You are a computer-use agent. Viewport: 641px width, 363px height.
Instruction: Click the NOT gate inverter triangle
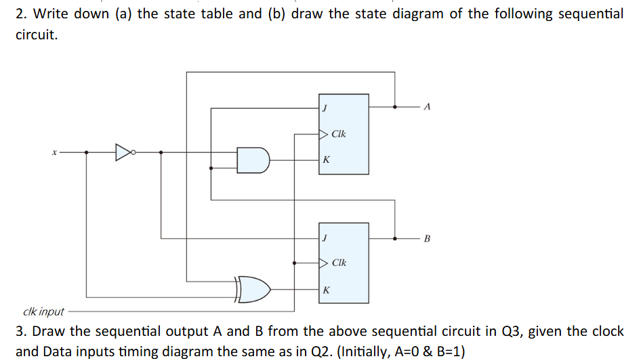pyautogui.click(x=123, y=152)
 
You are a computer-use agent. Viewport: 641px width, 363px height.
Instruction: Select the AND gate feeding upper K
pyautogui.click(x=253, y=159)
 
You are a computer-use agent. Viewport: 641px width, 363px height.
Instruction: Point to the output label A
pyautogui.click(x=426, y=107)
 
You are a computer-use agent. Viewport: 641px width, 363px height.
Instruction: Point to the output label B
pyautogui.click(x=426, y=238)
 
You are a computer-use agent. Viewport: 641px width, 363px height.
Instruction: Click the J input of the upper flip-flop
pyautogui.click(x=325, y=107)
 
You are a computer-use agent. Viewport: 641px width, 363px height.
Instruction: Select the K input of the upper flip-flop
pyautogui.click(x=326, y=160)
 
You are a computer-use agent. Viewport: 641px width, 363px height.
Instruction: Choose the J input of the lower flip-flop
pyautogui.click(x=325, y=238)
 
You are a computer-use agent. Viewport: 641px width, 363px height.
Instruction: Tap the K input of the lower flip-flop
pyautogui.click(x=326, y=290)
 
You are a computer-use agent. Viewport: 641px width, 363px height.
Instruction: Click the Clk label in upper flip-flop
pyautogui.click(x=339, y=134)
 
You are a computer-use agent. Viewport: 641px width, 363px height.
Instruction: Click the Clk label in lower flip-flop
pyautogui.click(x=339, y=263)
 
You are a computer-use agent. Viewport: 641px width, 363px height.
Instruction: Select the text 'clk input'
pyautogui.click(x=43, y=312)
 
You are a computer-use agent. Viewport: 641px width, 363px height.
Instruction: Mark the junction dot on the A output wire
pyautogui.click(x=396, y=107)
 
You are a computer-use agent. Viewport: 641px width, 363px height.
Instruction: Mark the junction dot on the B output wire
pyautogui.click(x=396, y=238)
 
